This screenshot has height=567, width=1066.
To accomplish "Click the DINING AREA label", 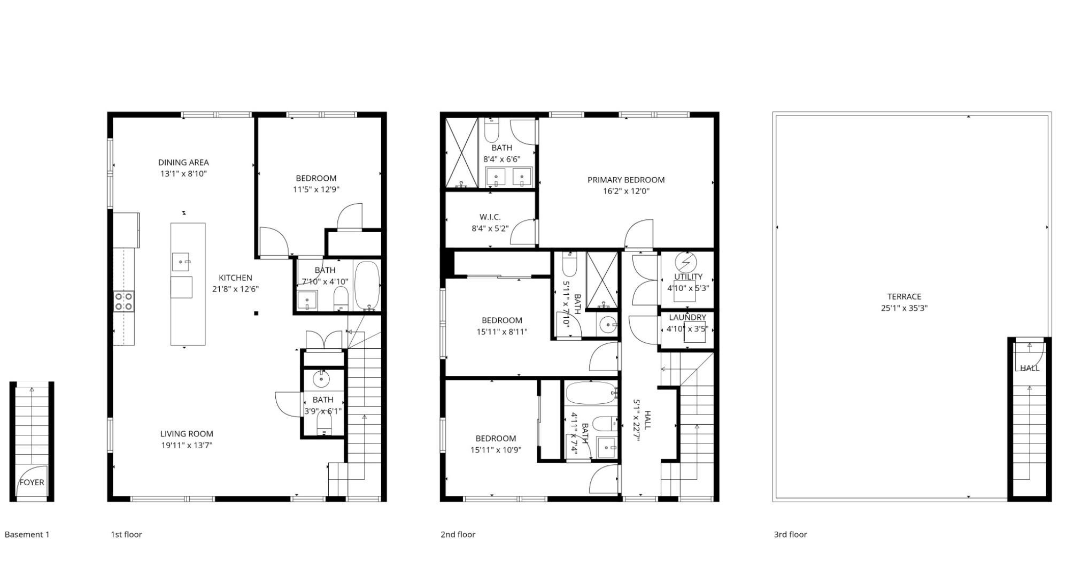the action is coord(183,162).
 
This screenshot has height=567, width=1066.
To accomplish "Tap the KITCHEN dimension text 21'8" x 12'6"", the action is coord(236,289).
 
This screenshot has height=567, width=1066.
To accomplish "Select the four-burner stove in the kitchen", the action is coord(123,302).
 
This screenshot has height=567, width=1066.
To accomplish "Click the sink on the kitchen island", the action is coord(181,262).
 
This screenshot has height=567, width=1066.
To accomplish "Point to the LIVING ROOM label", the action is coord(187,434).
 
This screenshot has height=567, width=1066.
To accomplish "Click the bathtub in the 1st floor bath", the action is coord(367,285).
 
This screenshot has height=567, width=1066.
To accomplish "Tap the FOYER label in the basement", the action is coord(32,482).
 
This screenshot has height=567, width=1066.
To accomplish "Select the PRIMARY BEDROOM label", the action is coord(626,180).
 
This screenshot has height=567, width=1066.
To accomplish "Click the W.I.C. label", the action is coord(490,217).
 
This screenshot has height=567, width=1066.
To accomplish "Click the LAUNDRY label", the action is coord(688,317).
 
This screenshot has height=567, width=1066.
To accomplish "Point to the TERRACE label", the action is coord(905,296).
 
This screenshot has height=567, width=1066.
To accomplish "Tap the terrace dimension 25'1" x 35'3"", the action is coord(905,308).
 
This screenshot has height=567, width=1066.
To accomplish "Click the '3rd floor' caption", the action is coord(791,534).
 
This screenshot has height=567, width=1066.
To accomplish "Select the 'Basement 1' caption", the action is coord(27,534).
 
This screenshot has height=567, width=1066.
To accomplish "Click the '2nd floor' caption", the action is coord(458,534).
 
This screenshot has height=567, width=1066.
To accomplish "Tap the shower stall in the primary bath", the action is coord(461,153).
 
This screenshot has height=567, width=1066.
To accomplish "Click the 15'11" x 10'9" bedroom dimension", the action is coord(496,450).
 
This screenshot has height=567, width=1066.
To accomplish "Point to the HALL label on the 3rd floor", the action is coord(1030,368).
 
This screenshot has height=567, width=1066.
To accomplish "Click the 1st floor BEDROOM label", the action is coord(316,178).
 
